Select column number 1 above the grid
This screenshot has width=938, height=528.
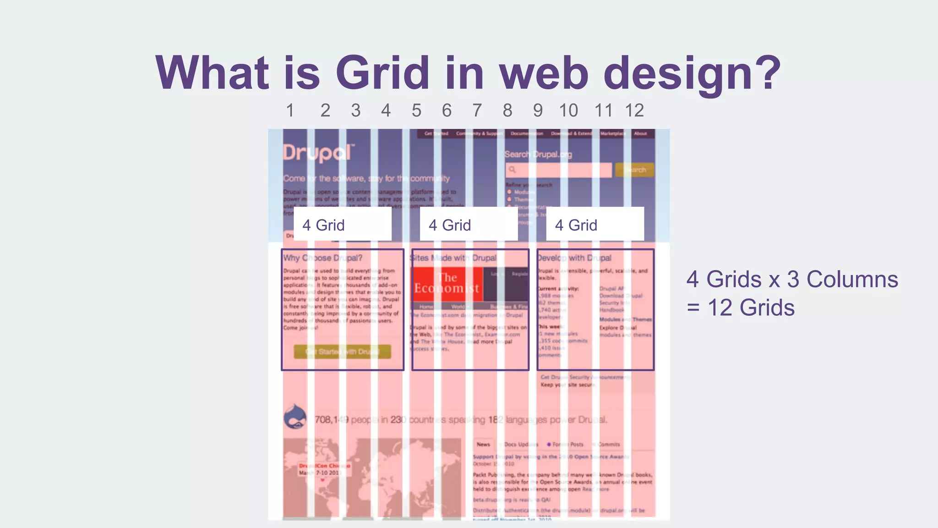pyautogui.click(x=290, y=110)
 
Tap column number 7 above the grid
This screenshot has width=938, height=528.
pyautogui.click(x=477, y=110)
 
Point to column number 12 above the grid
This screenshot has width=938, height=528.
pyautogui.click(x=634, y=110)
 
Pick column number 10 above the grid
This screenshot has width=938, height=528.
pyautogui.click(x=568, y=110)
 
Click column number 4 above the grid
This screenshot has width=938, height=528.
pyautogui.click(x=386, y=110)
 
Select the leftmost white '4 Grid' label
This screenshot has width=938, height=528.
pyautogui.click(x=342, y=225)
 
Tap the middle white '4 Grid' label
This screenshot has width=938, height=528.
pyautogui.click(x=469, y=225)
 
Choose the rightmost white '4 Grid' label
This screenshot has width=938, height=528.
pyautogui.click(x=595, y=225)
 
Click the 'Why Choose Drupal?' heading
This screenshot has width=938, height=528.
pyautogui.click(x=322, y=258)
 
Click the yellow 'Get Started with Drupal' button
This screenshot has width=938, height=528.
pyautogui.click(x=342, y=352)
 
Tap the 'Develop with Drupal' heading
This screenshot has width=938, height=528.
pyautogui.click(x=574, y=258)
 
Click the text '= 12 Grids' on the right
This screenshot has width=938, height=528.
pyautogui.click(x=741, y=308)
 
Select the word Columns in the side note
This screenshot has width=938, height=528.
pyautogui.click(x=852, y=279)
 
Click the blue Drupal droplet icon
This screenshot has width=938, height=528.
pyautogui.click(x=295, y=417)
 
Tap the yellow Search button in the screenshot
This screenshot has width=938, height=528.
pyautogui.click(x=634, y=170)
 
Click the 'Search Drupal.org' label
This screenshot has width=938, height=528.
pyautogui.click(x=538, y=154)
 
